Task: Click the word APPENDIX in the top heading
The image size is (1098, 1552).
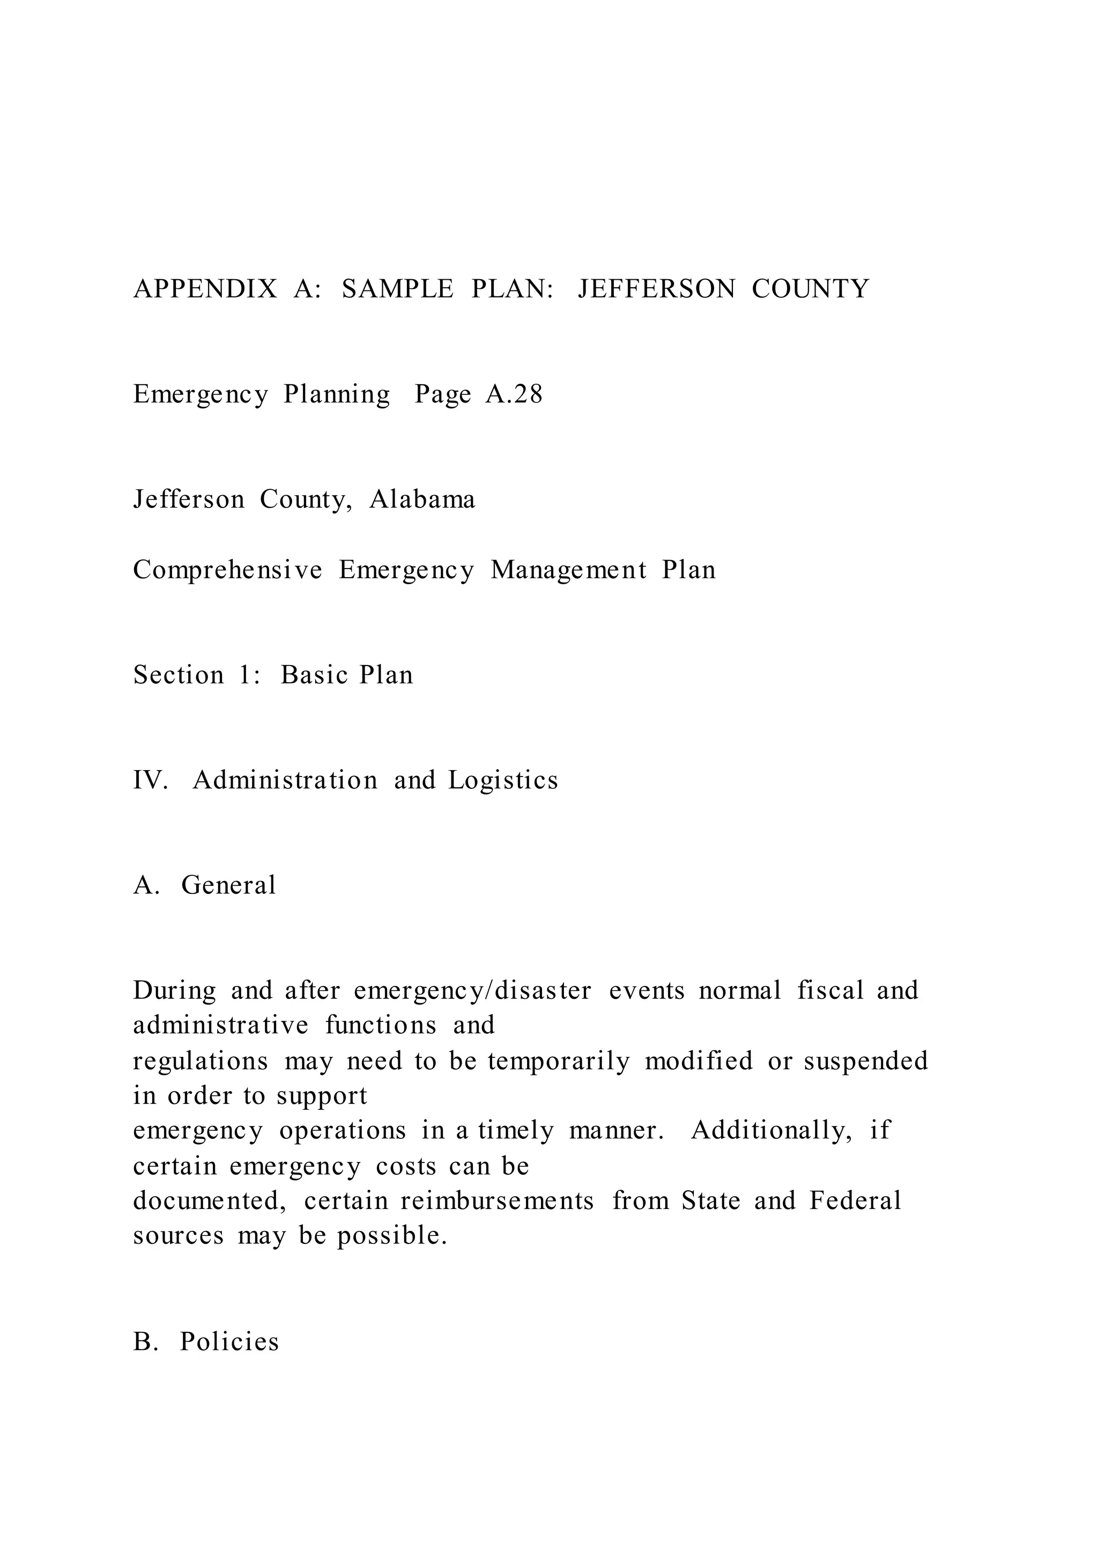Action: pyautogui.click(x=205, y=289)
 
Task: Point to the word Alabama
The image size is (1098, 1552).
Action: pyautogui.click(x=422, y=499)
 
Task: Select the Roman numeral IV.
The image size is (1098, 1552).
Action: pyautogui.click(x=149, y=780)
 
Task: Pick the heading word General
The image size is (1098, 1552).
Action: pyautogui.click(x=228, y=885)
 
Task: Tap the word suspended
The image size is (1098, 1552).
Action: pyautogui.click(x=865, y=1061)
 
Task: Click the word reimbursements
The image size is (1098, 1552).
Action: pyautogui.click(x=497, y=1200)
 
